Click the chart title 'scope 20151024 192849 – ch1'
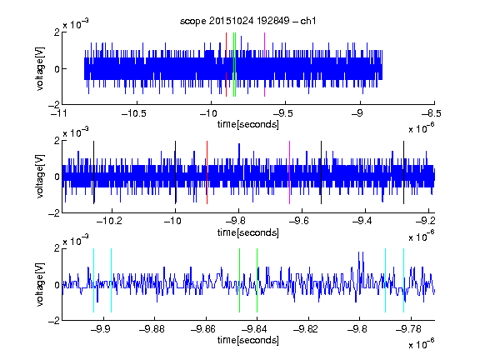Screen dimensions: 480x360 [x=247, y=21]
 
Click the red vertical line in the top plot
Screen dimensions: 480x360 [x=226, y=65]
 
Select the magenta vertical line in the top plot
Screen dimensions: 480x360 [x=264, y=65]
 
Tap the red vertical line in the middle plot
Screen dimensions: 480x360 [x=207, y=172]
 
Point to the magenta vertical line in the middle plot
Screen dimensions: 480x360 [x=290, y=172]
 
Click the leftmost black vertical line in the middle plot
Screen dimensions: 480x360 [x=93, y=172]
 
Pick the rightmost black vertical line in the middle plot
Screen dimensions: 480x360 [x=403, y=172]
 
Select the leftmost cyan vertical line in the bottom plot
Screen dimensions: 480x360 [x=93, y=280]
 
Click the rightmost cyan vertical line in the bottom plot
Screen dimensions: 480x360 [x=403, y=280]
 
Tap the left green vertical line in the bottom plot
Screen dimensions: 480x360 [x=239, y=280]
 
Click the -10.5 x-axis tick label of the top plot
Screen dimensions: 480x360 [x=134, y=113]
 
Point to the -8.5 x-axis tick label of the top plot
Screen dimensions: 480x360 [x=432, y=113]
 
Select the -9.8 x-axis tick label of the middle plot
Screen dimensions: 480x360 [x=238, y=220]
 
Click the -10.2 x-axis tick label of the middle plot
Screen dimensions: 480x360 [x=109, y=220]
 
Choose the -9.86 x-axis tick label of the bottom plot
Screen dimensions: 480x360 [x=203, y=329]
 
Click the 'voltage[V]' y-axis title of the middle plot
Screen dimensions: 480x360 [x=40, y=177]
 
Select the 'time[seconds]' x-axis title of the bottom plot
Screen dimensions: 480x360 [x=248, y=340]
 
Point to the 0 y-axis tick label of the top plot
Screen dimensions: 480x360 [x=57, y=69]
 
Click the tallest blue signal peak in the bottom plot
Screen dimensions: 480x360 [x=359, y=252]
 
